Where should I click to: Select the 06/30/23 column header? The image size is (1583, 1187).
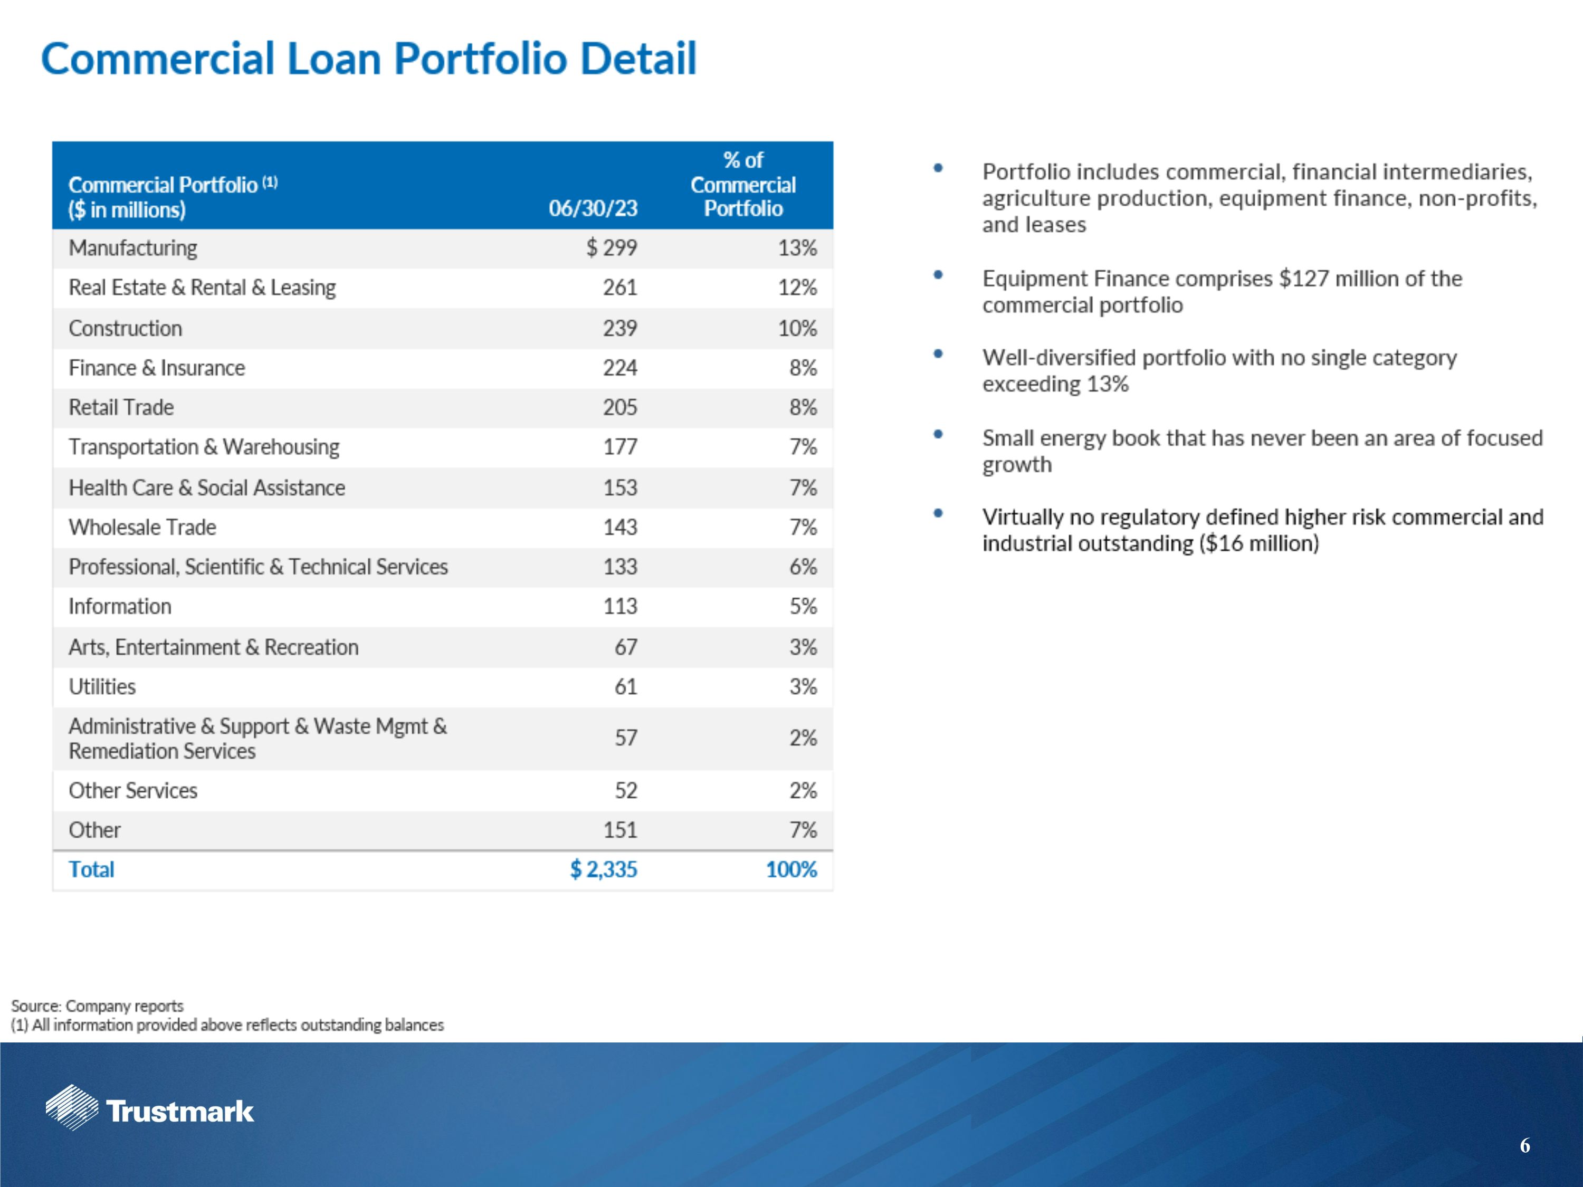(x=593, y=208)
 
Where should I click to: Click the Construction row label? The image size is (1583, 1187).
(x=125, y=329)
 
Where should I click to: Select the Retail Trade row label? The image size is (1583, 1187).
(x=121, y=407)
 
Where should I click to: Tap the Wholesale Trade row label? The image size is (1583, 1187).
(x=142, y=528)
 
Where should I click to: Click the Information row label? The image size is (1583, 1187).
(x=119, y=607)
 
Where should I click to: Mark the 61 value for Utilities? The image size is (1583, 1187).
(x=625, y=687)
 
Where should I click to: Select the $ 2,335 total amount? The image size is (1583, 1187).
(x=603, y=869)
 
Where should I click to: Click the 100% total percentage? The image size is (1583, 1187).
(x=791, y=869)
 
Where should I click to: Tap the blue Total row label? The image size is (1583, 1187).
(x=91, y=869)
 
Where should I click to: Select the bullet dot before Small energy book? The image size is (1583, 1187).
(x=938, y=434)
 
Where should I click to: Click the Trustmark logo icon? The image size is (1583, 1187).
(x=72, y=1107)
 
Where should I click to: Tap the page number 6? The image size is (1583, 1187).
(x=1524, y=1145)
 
